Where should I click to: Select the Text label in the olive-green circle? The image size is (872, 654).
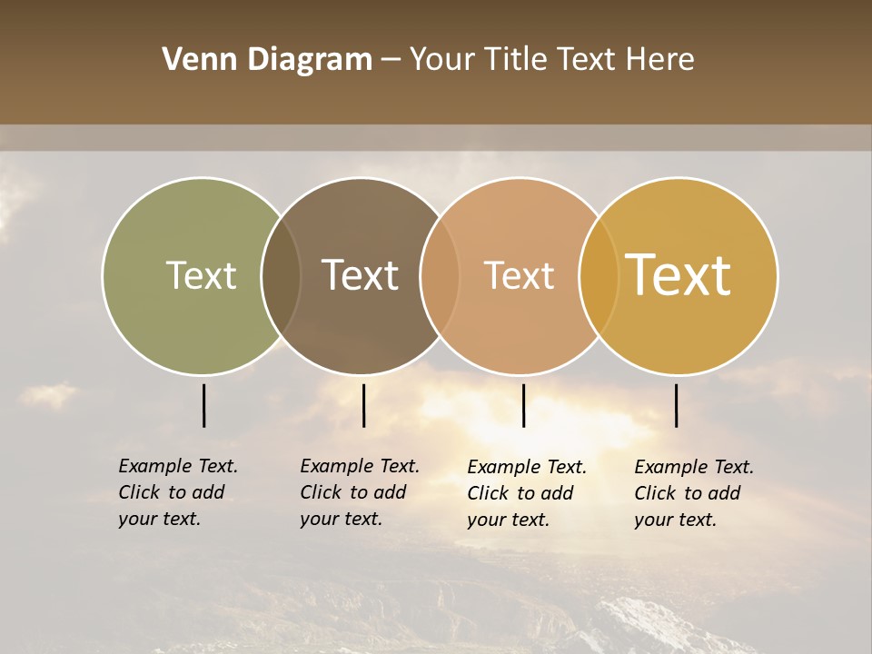click(x=201, y=276)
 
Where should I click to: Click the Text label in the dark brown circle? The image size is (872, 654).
click(x=360, y=276)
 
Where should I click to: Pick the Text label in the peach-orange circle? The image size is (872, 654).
click(x=519, y=276)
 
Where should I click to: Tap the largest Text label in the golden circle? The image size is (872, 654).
click(x=679, y=275)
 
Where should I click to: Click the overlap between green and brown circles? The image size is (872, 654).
click(x=281, y=276)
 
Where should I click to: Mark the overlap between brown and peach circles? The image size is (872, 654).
click(x=440, y=276)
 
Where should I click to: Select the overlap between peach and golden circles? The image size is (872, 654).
click(x=599, y=276)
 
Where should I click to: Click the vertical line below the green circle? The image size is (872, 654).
click(x=203, y=405)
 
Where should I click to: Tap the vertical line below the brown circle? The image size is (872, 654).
click(x=363, y=405)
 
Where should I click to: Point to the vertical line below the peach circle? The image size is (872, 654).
click(x=523, y=405)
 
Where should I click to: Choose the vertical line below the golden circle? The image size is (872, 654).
click(x=676, y=405)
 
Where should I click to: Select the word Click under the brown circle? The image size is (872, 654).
click(x=320, y=492)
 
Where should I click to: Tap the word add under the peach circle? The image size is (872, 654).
click(x=558, y=493)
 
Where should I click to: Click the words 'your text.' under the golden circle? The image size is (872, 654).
click(x=675, y=520)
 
